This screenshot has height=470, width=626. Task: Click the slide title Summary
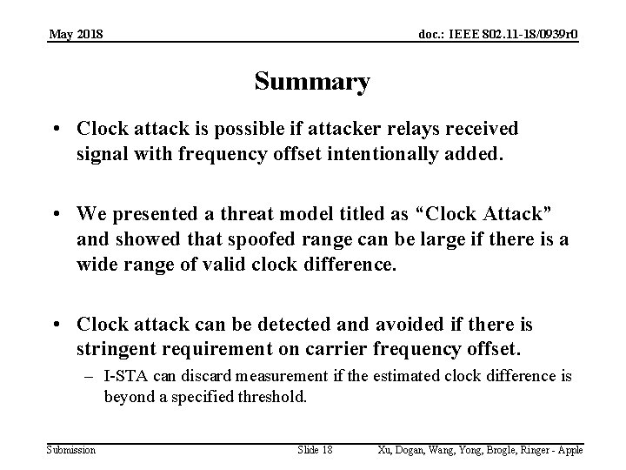click(x=312, y=82)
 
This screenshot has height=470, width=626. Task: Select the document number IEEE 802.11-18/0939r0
click(x=499, y=34)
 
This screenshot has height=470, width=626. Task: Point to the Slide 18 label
click(x=315, y=449)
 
